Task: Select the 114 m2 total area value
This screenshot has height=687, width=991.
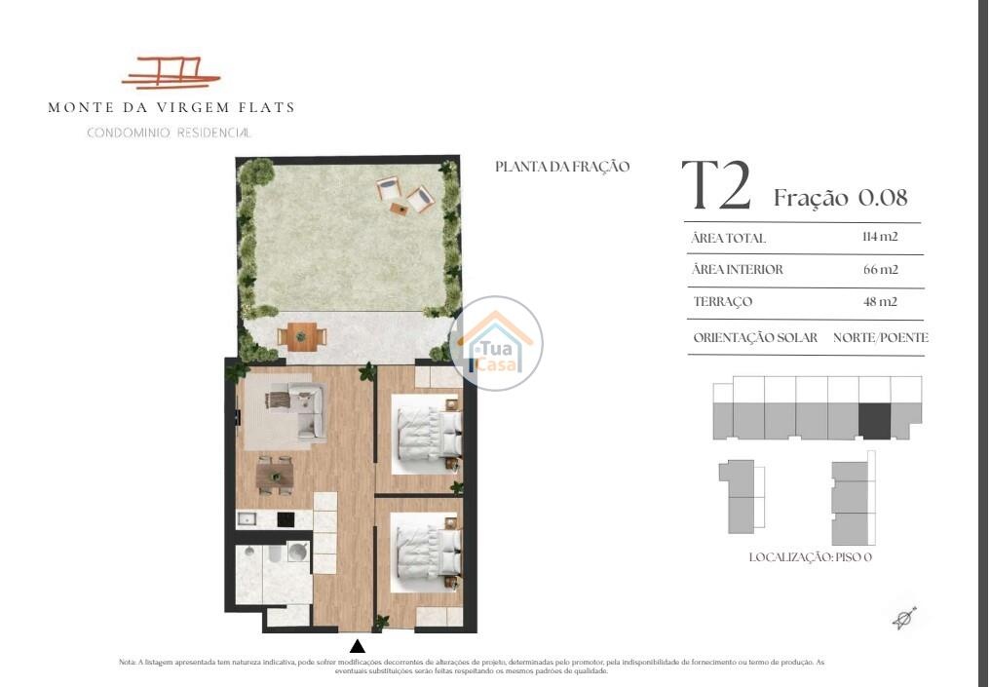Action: click(x=880, y=237)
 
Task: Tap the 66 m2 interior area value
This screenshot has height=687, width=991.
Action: click(x=880, y=269)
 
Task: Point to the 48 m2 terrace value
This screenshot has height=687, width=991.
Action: click(x=880, y=301)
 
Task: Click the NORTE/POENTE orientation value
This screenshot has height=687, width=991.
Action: click(x=880, y=337)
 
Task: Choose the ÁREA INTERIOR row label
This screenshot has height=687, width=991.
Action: click(x=737, y=269)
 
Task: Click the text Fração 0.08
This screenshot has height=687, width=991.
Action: click(x=841, y=197)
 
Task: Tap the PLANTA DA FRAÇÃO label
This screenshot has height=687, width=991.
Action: click(x=562, y=167)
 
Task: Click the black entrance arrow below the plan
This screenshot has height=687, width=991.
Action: click(x=358, y=646)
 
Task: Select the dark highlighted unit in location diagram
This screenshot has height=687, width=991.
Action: click(x=874, y=420)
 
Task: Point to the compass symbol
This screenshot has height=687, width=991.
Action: click(x=904, y=618)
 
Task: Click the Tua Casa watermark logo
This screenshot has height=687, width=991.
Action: click(x=495, y=343)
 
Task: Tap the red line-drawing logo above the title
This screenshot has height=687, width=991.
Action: click(x=171, y=72)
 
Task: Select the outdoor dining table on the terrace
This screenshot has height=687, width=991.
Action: click(x=302, y=336)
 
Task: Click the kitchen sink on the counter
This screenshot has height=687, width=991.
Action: click(x=247, y=519)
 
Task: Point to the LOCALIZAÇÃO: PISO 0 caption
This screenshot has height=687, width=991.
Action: click(x=811, y=557)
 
